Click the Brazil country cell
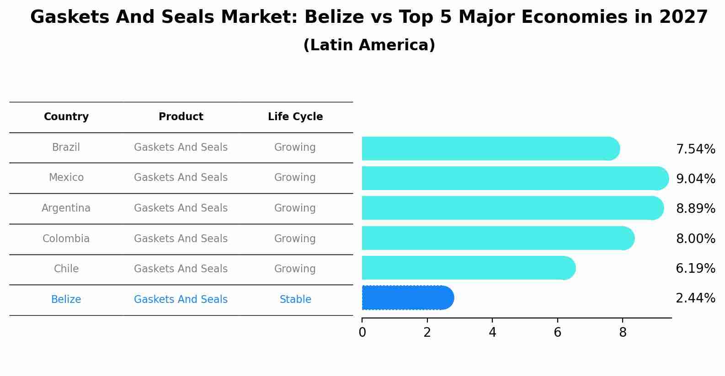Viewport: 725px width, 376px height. click(x=66, y=148)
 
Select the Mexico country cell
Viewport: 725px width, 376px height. click(x=66, y=178)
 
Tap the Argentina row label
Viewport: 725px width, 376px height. click(x=66, y=208)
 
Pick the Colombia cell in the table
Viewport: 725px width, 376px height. click(x=66, y=239)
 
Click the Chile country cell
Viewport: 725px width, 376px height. click(x=66, y=269)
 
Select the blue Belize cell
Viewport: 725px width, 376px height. click(x=66, y=300)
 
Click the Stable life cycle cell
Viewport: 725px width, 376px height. click(x=295, y=300)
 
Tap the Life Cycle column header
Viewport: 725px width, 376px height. click(x=295, y=117)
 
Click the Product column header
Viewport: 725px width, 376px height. click(x=181, y=117)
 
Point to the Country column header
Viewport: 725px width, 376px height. click(x=66, y=117)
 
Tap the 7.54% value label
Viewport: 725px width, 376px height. click(x=695, y=149)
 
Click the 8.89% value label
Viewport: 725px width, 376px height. click(x=695, y=209)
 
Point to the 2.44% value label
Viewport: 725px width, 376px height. click(x=695, y=298)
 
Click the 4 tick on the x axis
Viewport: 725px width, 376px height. click(x=492, y=333)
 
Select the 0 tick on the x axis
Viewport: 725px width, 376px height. click(x=362, y=333)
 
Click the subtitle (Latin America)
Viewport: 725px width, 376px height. click(x=369, y=45)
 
